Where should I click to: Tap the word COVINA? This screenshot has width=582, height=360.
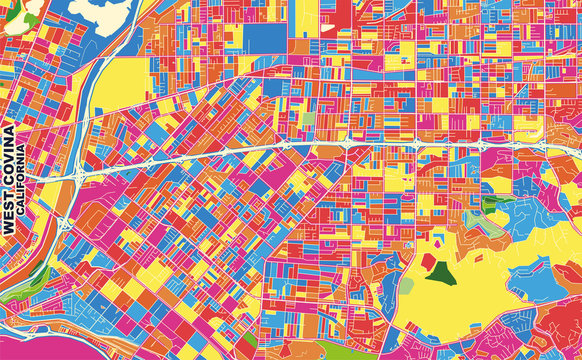click(x=9, y=165)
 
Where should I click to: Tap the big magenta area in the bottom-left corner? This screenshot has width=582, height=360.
click(x=22, y=330)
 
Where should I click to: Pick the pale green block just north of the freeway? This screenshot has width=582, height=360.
click(x=308, y=119)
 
